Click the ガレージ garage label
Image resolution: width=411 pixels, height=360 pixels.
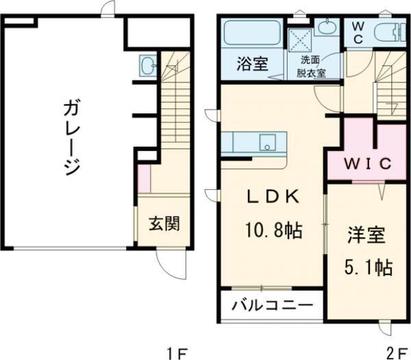click(71, 137)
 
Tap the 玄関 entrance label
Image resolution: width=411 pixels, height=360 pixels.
click(165, 224)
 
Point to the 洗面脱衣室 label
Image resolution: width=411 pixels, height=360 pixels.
click(312, 65)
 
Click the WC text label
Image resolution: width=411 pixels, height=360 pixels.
click(358, 32)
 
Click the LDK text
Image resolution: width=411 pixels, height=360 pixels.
click(273, 197)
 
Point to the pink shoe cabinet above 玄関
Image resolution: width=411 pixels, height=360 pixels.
click(144, 179)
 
